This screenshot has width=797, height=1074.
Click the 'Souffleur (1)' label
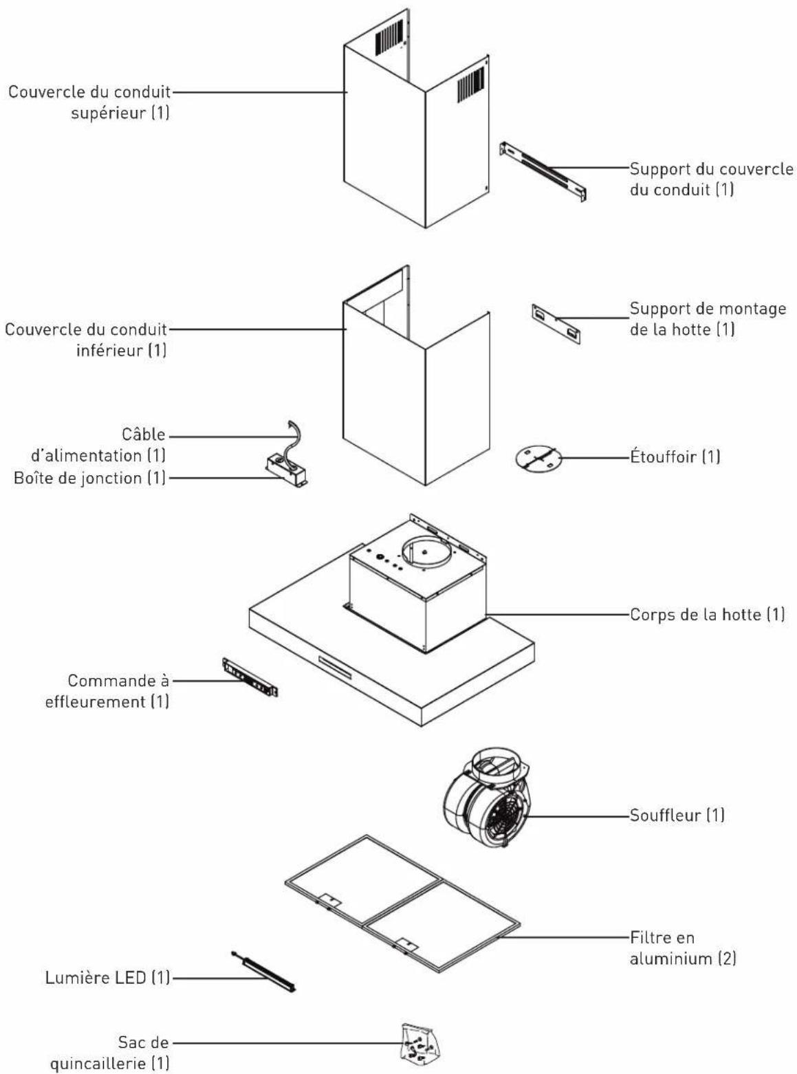pyautogui.click(x=677, y=815)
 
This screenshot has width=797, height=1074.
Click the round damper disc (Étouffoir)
pyautogui.click(x=538, y=458)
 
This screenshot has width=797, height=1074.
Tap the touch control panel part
pyautogui.click(x=250, y=677)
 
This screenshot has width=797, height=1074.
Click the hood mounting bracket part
pyautogui.click(x=556, y=324)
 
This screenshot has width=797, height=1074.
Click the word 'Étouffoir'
pyautogui.click(x=664, y=457)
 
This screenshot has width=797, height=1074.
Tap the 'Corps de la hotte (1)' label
pyautogui.click(x=707, y=615)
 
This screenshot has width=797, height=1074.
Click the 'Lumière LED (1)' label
pyautogui.click(x=107, y=978)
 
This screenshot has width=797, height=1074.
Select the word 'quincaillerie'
pyautogui.click(x=98, y=1064)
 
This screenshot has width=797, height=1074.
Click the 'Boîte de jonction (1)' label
pyautogui.click(x=89, y=478)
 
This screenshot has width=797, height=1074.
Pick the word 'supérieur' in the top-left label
pyautogui.click(x=108, y=113)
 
